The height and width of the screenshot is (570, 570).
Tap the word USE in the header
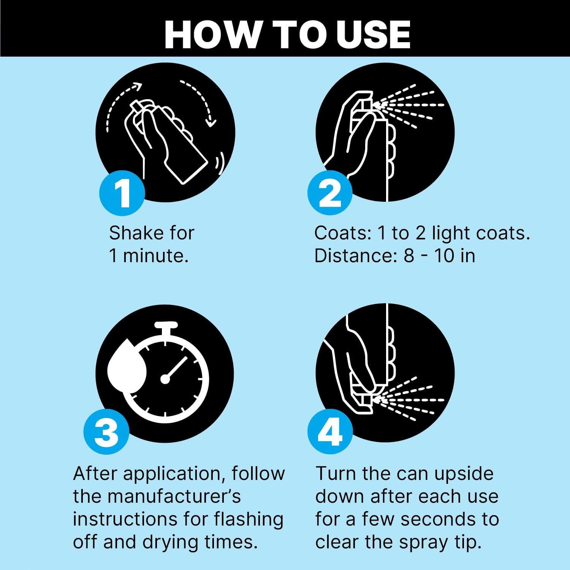[373, 35]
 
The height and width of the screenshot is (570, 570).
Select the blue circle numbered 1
[122, 193]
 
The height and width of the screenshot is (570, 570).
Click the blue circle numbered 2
[330, 193]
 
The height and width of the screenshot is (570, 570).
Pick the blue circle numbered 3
[106, 432]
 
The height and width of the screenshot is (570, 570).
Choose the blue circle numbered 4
[330, 432]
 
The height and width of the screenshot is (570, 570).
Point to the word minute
[156, 255]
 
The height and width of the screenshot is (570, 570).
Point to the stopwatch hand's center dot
[165, 379]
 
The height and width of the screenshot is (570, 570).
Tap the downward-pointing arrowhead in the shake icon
[210, 122]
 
